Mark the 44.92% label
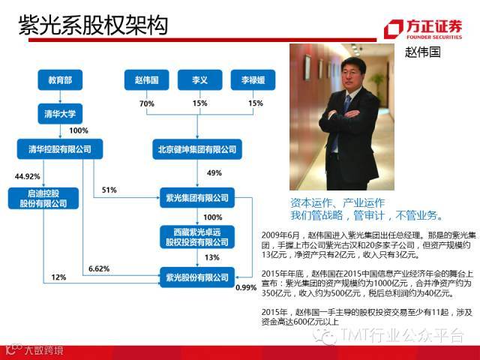(27, 176)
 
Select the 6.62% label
(98, 268)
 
